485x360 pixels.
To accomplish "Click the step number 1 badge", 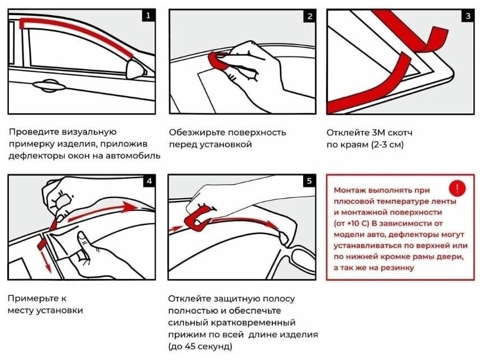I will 147,16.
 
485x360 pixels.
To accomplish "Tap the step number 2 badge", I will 309,16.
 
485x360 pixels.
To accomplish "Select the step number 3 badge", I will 468,16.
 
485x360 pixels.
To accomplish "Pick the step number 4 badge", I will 148,181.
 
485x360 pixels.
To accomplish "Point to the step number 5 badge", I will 309,181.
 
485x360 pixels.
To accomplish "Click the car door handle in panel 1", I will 47,85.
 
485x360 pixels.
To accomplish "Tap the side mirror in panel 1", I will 137,69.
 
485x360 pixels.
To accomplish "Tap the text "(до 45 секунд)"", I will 200,347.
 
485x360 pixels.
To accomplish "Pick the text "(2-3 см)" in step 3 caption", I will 386,145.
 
